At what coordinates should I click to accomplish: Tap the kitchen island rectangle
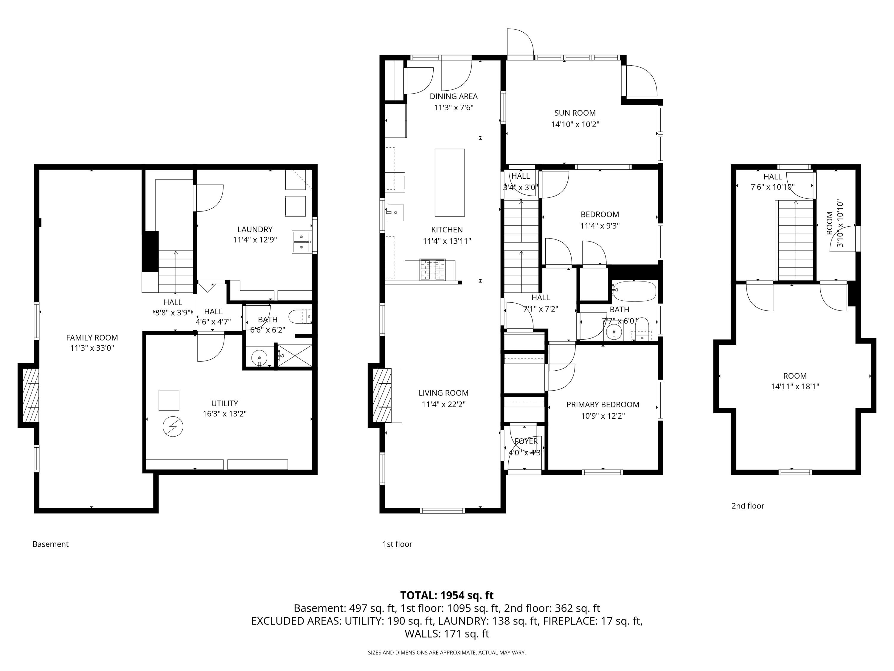click(449, 183)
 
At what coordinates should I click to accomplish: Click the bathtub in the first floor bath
click(634, 291)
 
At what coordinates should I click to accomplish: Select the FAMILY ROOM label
click(92, 338)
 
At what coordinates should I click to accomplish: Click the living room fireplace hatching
click(382, 395)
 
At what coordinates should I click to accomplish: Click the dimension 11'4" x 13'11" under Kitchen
click(447, 241)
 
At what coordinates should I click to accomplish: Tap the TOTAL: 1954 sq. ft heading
click(447, 595)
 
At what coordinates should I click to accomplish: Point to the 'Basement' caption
click(51, 544)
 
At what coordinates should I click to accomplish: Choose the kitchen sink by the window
click(395, 212)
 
